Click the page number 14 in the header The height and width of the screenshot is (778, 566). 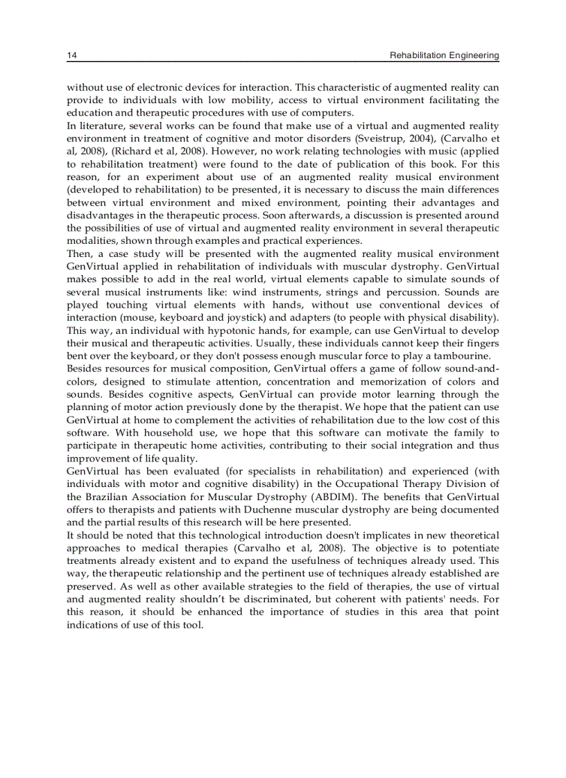point(71,55)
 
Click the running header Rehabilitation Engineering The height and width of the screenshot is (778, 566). point(444,55)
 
